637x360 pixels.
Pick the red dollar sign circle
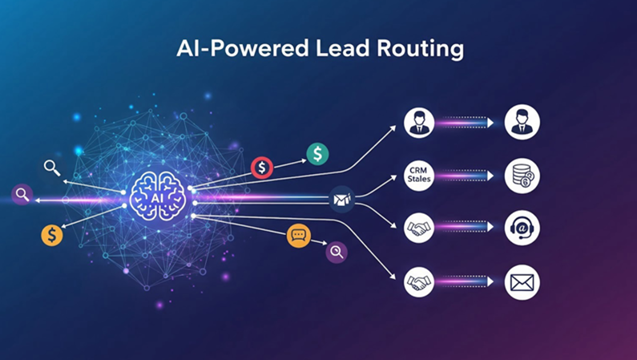click(262, 168)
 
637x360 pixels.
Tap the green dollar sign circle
click(317, 154)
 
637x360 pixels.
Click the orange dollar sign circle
click(52, 235)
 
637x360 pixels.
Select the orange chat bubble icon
click(299, 236)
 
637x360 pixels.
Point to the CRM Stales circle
click(418, 175)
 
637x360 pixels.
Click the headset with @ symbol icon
click(522, 228)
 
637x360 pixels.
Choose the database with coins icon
click(522, 175)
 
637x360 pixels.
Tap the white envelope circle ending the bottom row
click(522, 282)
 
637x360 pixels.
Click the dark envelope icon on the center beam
click(342, 198)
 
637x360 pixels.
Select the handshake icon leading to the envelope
click(418, 282)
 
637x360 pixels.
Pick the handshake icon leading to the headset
click(418, 228)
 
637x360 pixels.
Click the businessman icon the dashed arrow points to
click(522, 123)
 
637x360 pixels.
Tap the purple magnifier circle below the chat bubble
click(337, 253)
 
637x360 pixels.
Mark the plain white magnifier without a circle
click(52, 168)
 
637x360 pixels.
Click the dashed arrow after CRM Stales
click(465, 175)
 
